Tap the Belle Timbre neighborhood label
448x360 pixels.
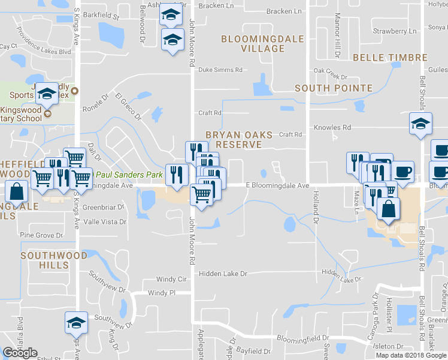[390, 58]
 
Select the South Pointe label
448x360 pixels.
[334, 88]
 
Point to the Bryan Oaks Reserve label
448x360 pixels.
[239, 140]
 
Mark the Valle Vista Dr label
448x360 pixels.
[105, 221]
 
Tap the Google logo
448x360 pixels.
[20, 353]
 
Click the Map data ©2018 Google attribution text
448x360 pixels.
[410, 355]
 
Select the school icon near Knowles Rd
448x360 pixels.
[420, 124]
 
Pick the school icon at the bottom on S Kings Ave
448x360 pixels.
[76, 323]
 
